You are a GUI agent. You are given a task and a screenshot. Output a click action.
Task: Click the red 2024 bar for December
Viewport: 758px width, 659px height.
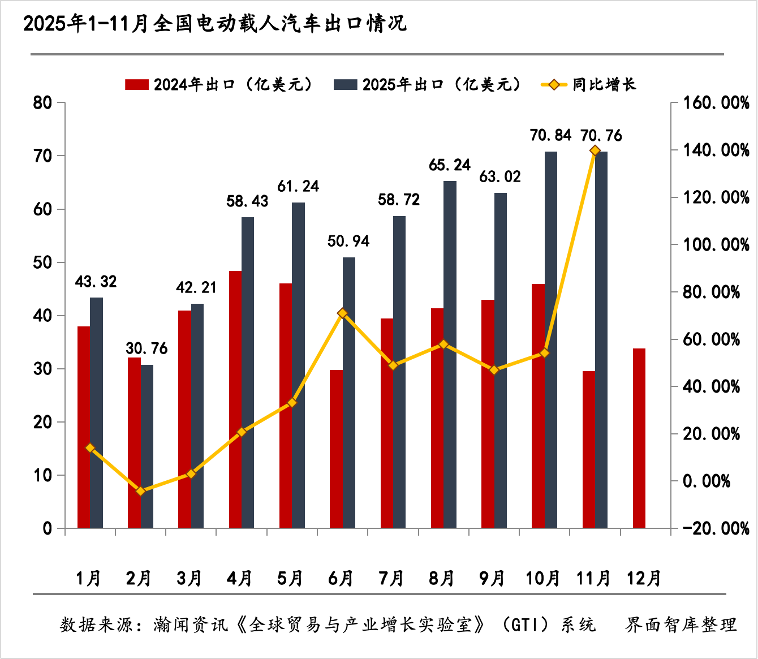pyautogui.click(x=639, y=438)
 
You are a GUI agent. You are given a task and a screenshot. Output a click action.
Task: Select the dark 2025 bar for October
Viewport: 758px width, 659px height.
pyautogui.click(x=551, y=339)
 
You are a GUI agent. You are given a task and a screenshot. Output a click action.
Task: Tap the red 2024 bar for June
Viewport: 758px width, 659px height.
pyautogui.click(x=336, y=449)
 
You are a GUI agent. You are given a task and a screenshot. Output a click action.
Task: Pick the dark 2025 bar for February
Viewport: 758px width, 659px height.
pyautogui.click(x=147, y=447)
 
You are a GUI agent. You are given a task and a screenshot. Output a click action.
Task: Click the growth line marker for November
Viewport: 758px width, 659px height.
pyautogui.click(x=595, y=150)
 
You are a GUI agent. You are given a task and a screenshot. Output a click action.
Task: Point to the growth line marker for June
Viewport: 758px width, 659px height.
pyautogui.click(x=342, y=313)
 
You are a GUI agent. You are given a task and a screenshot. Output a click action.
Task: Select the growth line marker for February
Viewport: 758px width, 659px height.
pyautogui.click(x=141, y=491)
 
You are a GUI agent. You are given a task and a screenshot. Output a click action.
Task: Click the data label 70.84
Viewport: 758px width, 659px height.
pyautogui.click(x=550, y=136)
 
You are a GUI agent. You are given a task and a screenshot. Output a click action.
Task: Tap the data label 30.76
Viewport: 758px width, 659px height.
pyautogui.click(x=147, y=348)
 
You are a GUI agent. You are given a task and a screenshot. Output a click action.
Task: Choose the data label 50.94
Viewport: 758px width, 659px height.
pyautogui.click(x=348, y=242)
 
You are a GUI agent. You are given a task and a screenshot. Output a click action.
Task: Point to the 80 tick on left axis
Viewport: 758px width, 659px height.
pyautogui.click(x=43, y=103)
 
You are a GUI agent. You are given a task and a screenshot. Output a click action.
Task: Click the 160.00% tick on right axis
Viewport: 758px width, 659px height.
pyautogui.click(x=716, y=103)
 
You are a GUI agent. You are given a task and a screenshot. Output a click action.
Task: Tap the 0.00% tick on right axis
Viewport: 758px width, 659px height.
pyautogui.click(x=707, y=481)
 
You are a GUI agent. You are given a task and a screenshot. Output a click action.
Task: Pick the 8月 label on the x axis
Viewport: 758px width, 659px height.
pyautogui.click(x=442, y=578)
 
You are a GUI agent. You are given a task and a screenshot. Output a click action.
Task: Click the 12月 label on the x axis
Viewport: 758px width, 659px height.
pyautogui.click(x=644, y=578)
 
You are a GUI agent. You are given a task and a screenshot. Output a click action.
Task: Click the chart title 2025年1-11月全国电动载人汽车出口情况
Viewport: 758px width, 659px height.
pyautogui.click(x=215, y=24)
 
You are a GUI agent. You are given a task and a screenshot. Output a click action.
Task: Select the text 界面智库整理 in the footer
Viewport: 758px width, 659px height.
pyautogui.click(x=681, y=624)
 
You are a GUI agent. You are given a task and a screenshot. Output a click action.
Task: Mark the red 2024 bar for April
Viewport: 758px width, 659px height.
pyautogui.click(x=235, y=399)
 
